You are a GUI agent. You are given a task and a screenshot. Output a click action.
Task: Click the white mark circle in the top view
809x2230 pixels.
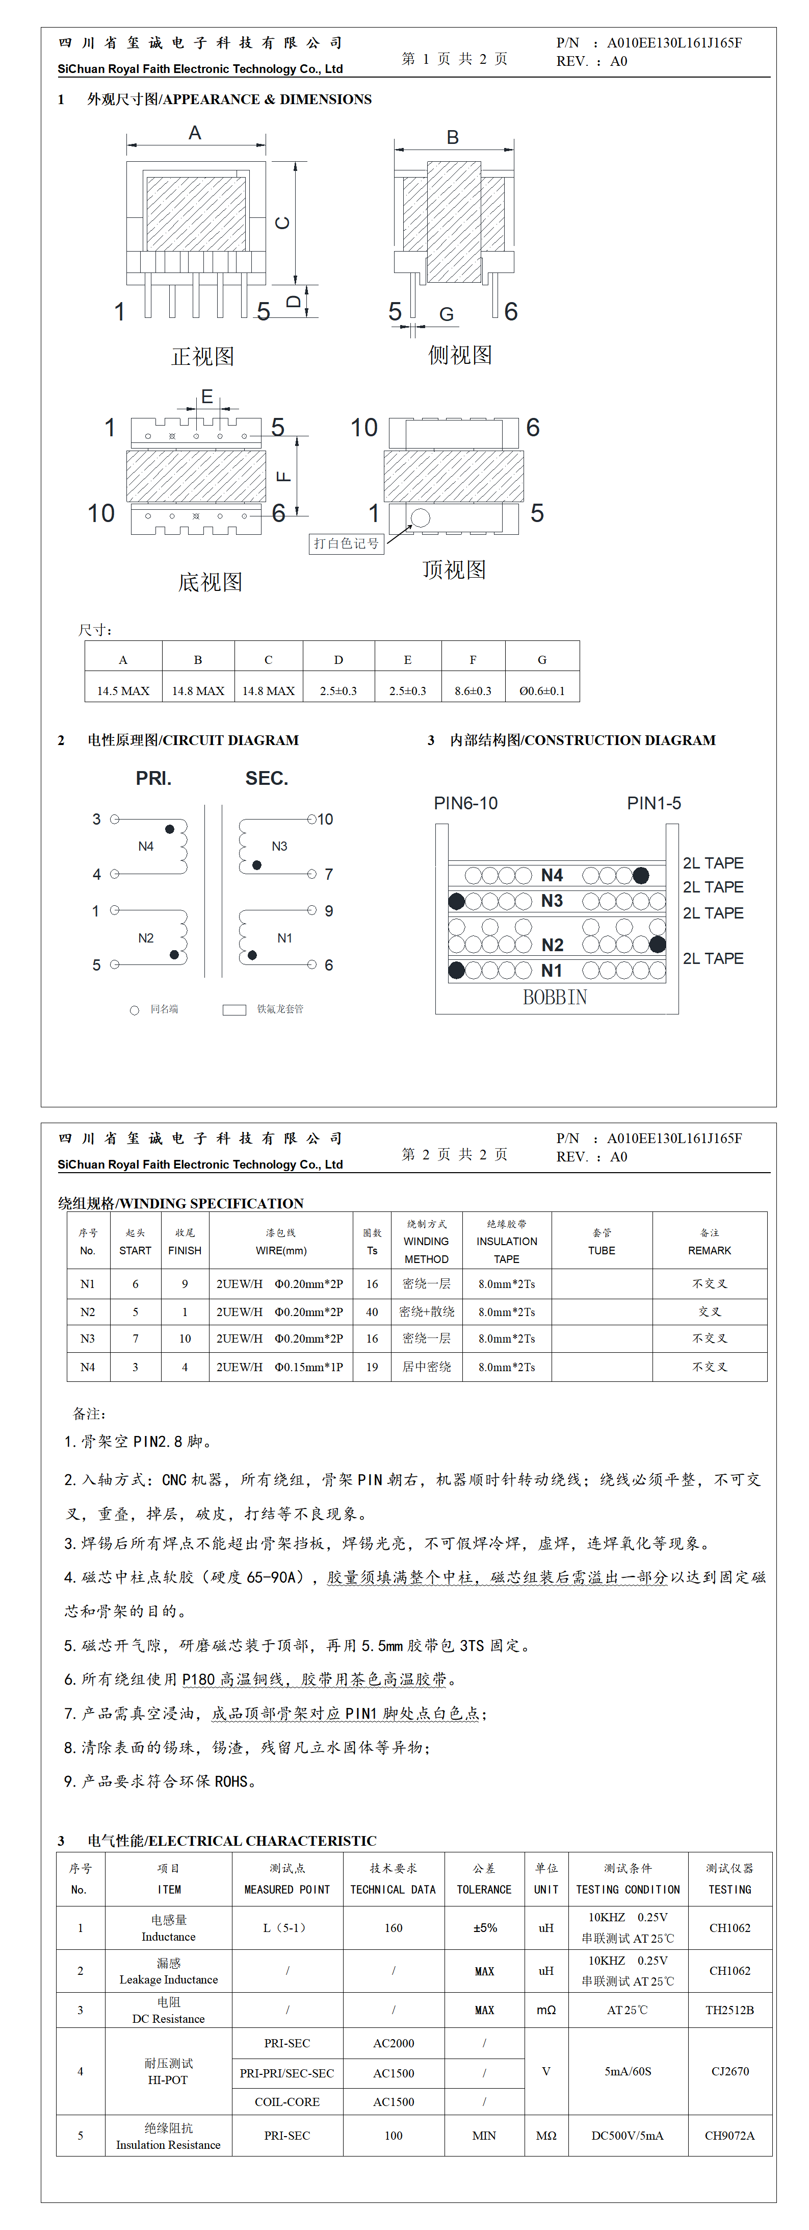point(421,517)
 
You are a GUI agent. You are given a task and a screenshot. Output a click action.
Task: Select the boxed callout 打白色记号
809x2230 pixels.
point(346,543)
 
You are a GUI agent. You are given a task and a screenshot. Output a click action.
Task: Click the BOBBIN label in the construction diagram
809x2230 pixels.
point(555,997)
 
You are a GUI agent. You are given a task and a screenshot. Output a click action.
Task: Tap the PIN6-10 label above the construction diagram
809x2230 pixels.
point(465,803)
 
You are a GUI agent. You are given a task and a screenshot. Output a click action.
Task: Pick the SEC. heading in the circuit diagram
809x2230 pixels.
point(267,778)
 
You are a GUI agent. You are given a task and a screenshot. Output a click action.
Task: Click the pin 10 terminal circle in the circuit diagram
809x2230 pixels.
point(311,819)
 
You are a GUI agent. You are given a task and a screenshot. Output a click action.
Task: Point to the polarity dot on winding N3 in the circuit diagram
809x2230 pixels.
point(257,865)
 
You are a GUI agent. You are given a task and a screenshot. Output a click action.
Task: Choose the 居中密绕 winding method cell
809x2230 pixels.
point(427,1367)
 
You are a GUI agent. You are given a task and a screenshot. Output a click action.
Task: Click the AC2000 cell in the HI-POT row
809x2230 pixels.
point(394,2043)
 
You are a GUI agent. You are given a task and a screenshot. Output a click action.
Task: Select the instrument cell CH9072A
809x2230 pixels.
point(729,2136)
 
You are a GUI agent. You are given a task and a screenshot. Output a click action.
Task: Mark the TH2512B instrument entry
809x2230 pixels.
point(729,2010)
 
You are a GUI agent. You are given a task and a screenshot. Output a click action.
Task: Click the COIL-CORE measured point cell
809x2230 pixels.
point(288,2102)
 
